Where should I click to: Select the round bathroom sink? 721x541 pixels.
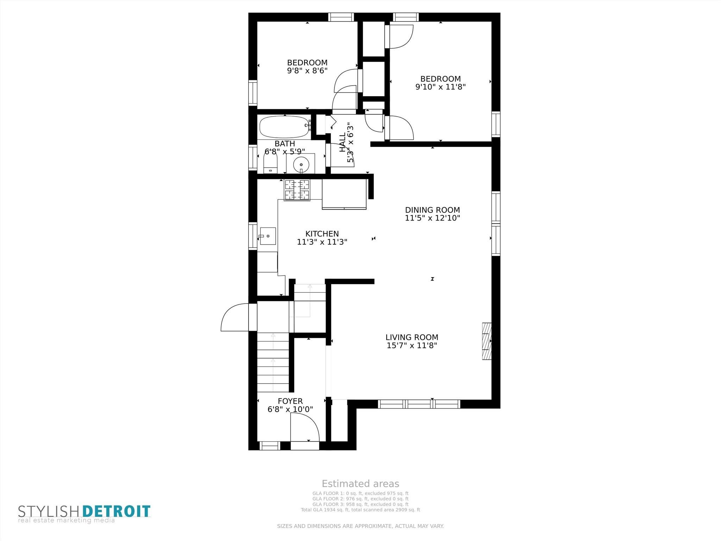click(x=301, y=164)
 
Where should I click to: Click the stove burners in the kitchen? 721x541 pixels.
click(x=297, y=190)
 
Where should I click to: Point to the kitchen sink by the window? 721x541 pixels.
click(x=268, y=236)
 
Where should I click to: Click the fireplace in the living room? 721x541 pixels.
click(x=487, y=341)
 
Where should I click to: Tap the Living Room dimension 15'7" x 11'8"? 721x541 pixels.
click(x=412, y=346)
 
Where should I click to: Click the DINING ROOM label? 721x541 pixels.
click(x=432, y=210)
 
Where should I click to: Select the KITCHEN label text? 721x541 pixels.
click(x=322, y=234)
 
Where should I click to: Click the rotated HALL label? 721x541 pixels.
click(x=342, y=142)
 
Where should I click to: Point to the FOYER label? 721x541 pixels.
click(x=290, y=401)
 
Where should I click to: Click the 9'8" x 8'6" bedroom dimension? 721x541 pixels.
click(x=307, y=70)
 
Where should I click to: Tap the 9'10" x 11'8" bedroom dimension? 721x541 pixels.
click(x=440, y=87)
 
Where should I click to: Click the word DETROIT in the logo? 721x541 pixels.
click(x=117, y=511)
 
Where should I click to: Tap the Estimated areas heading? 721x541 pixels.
click(x=360, y=484)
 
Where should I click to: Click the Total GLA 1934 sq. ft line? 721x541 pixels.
click(x=360, y=510)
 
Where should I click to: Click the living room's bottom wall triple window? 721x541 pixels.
click(x=419, y=404)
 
